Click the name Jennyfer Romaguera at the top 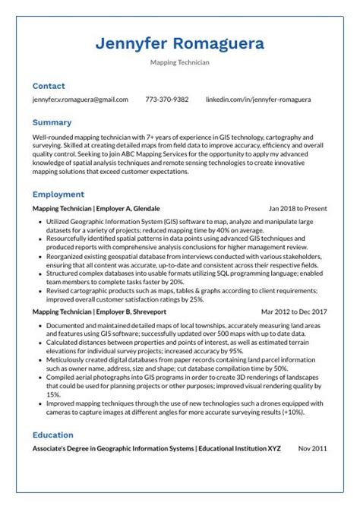(180, 43)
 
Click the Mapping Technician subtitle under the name (180, 63)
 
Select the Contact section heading (49, 87)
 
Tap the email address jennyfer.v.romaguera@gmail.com (81, 100)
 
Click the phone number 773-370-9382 (167, 100)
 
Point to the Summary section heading (52, 122)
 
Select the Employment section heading (58, 194)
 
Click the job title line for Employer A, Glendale (96, 207)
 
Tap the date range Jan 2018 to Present (298, 207)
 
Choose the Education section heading (53, 435)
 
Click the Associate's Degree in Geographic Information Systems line (156, 448)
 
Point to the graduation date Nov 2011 (312, 448)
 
